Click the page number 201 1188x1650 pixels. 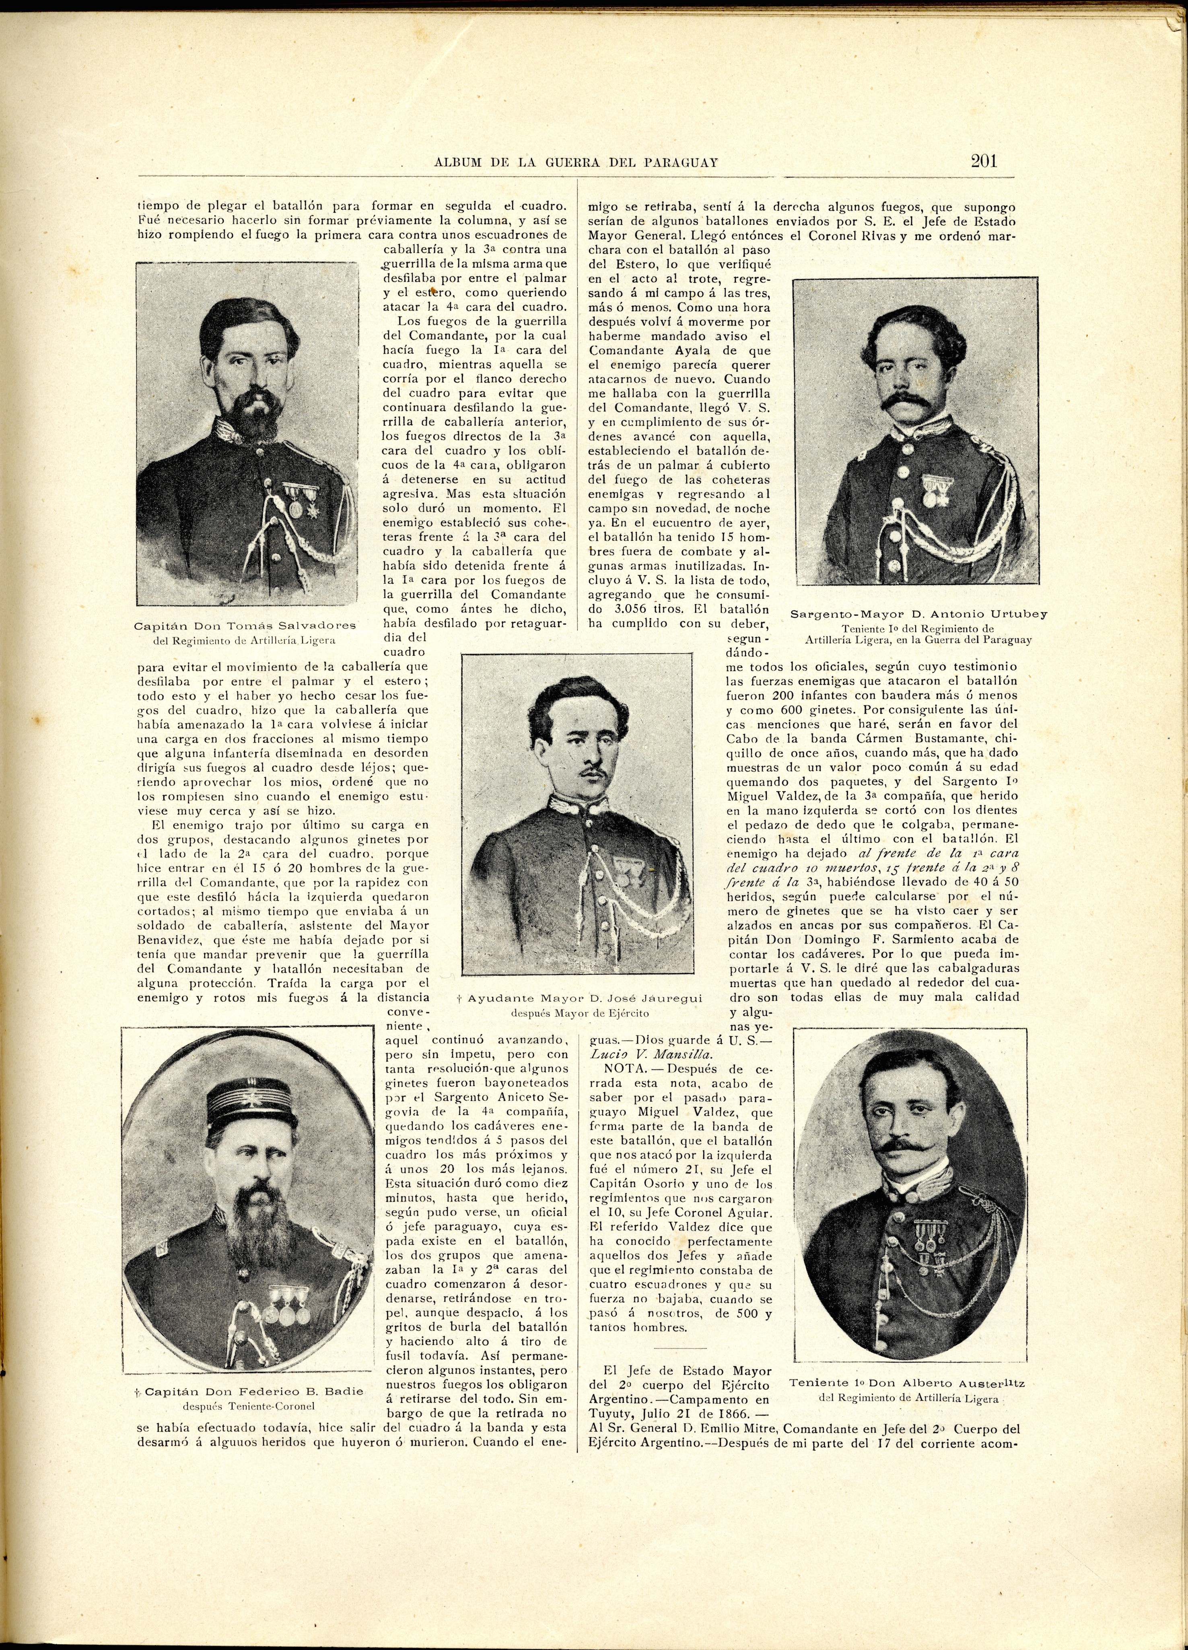point(984,161)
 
